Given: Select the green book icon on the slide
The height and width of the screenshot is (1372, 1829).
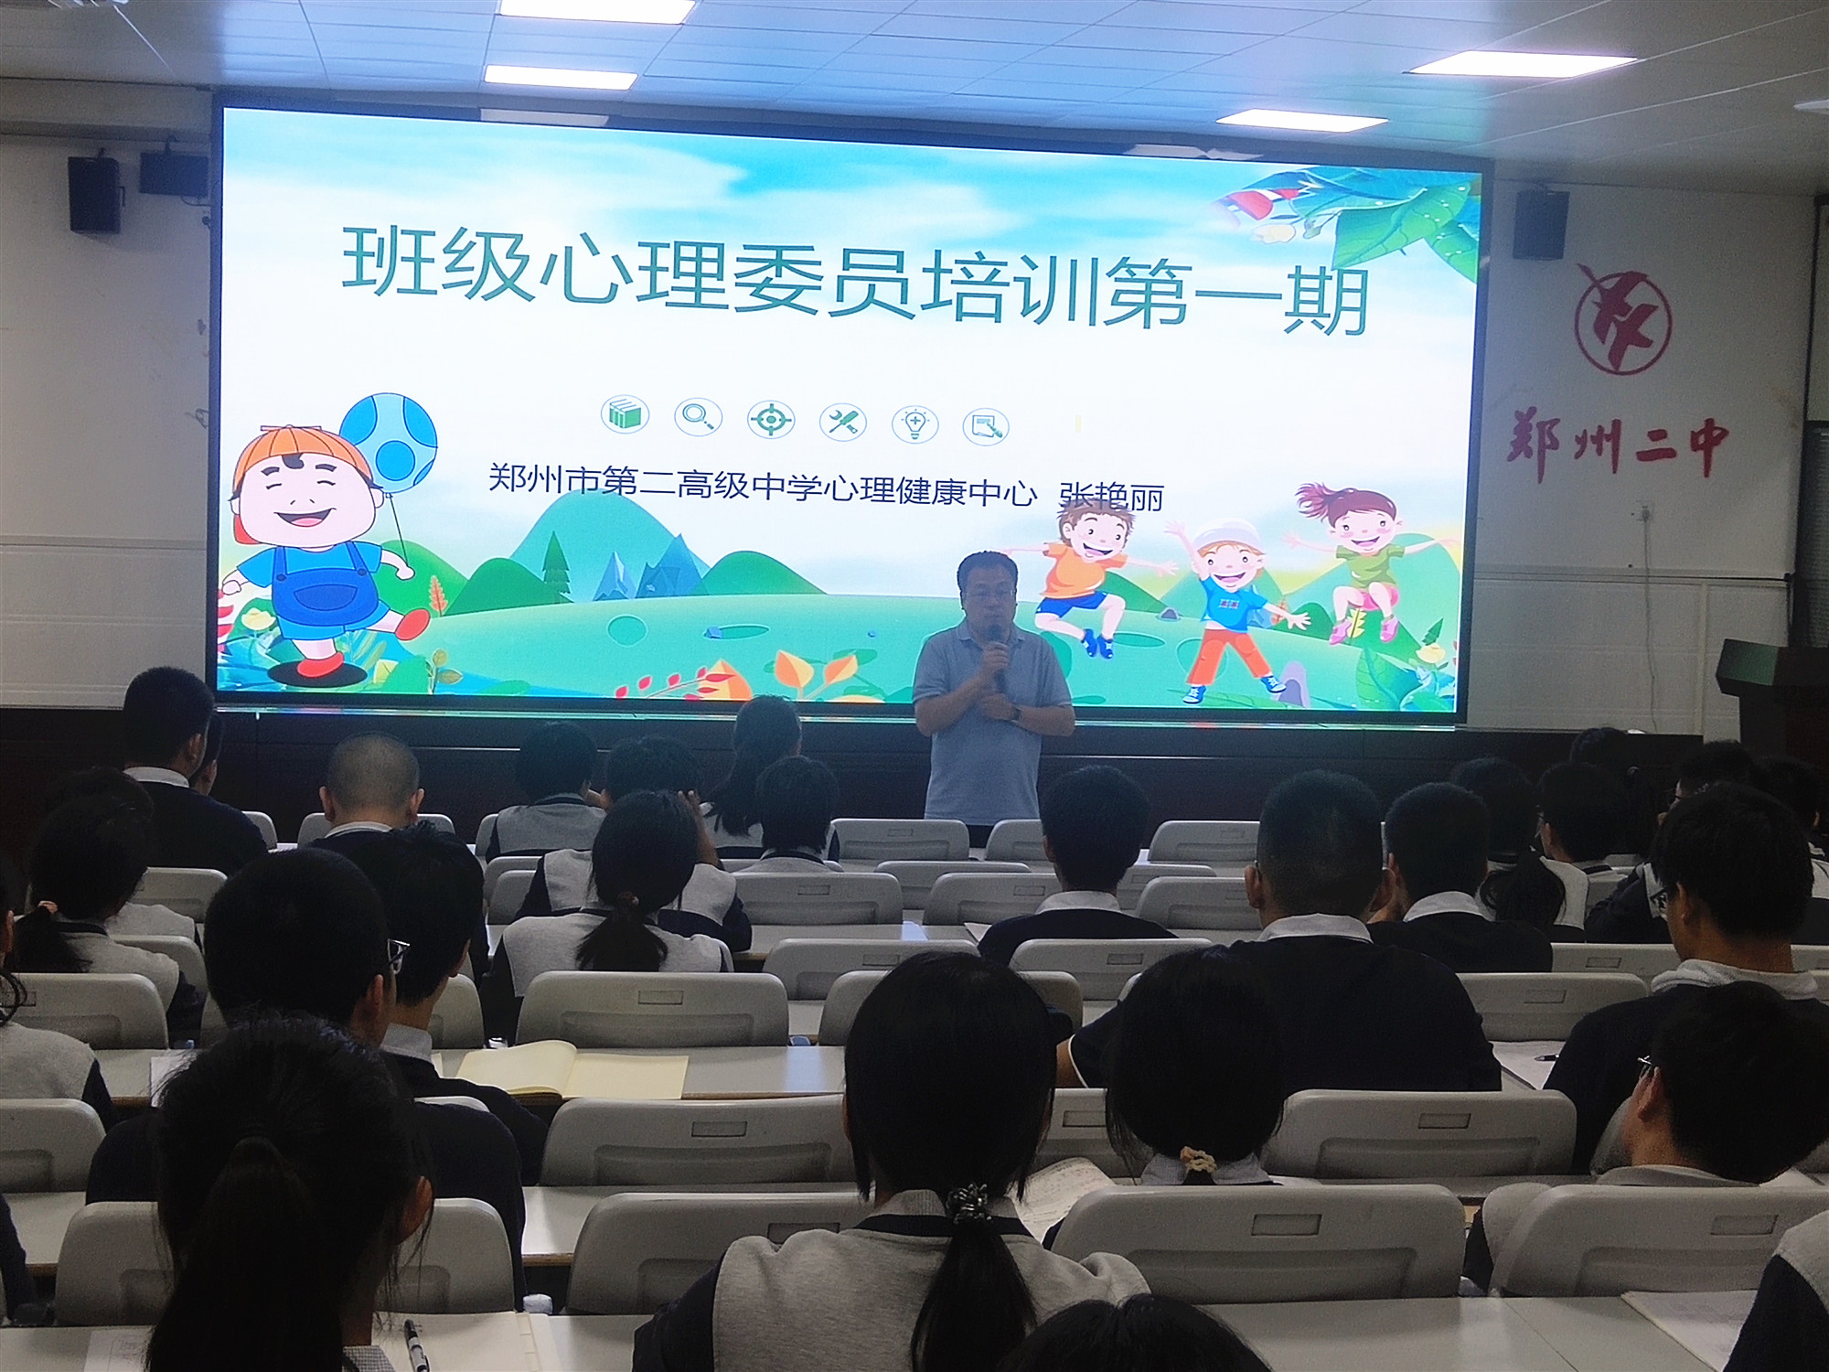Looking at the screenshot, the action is (x=626, y=415).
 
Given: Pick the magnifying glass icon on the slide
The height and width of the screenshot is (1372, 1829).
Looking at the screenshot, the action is (x=697, y=418).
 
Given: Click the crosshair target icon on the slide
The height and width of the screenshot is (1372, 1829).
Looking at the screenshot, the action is (x=770, y=420).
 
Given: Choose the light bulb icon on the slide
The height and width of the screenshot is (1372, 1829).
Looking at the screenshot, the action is (x=914, y=423).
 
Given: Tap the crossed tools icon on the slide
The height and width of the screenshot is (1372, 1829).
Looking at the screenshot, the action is (x=842, y=422).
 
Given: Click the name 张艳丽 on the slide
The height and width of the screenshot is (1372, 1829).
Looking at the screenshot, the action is (x=1110, y=496).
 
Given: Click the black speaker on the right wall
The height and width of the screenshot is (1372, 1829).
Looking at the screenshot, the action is (x=1540, y=223).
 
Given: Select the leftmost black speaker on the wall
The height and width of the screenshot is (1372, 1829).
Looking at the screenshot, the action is (x=94, y=194).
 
